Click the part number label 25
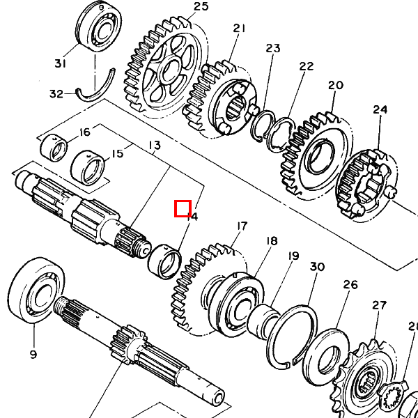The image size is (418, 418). (181, 7)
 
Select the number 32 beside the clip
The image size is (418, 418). (56, 93)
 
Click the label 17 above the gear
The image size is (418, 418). (242, 226)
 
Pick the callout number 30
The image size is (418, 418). (317, 267)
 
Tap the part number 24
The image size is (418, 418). (380, 109)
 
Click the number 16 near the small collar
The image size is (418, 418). (85, 132)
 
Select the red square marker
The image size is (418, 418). (183, 208)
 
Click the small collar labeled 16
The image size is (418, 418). (54, 148)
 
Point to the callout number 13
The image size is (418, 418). (154, 146)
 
